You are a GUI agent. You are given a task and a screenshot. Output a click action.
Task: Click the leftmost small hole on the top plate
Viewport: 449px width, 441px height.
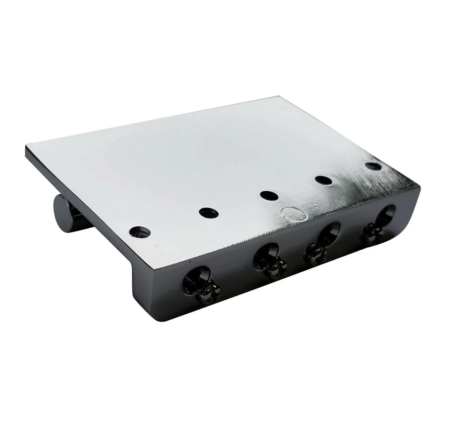click(140, 231)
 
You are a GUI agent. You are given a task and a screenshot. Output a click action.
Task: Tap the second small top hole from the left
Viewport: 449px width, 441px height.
click(209, 213)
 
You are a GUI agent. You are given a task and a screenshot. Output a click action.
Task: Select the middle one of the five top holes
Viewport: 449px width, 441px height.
click(269, 195)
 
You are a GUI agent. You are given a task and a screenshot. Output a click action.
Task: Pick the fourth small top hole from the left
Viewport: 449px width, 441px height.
click(323, 180)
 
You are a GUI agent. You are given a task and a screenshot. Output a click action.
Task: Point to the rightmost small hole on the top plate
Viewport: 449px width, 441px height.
click(373, 166)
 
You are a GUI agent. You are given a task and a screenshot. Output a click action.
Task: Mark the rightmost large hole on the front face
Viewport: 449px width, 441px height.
click(384, 216)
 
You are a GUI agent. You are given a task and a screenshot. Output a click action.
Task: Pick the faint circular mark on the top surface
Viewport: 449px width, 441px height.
click(293, 214)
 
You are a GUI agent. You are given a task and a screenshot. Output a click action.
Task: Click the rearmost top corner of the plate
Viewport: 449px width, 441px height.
click(279, 97)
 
